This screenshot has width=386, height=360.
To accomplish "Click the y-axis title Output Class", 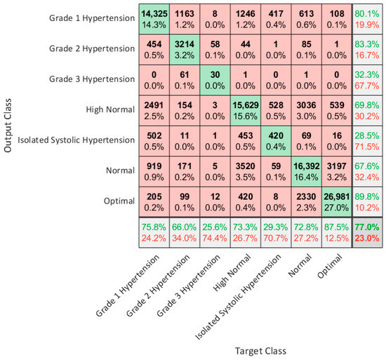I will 8,116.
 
